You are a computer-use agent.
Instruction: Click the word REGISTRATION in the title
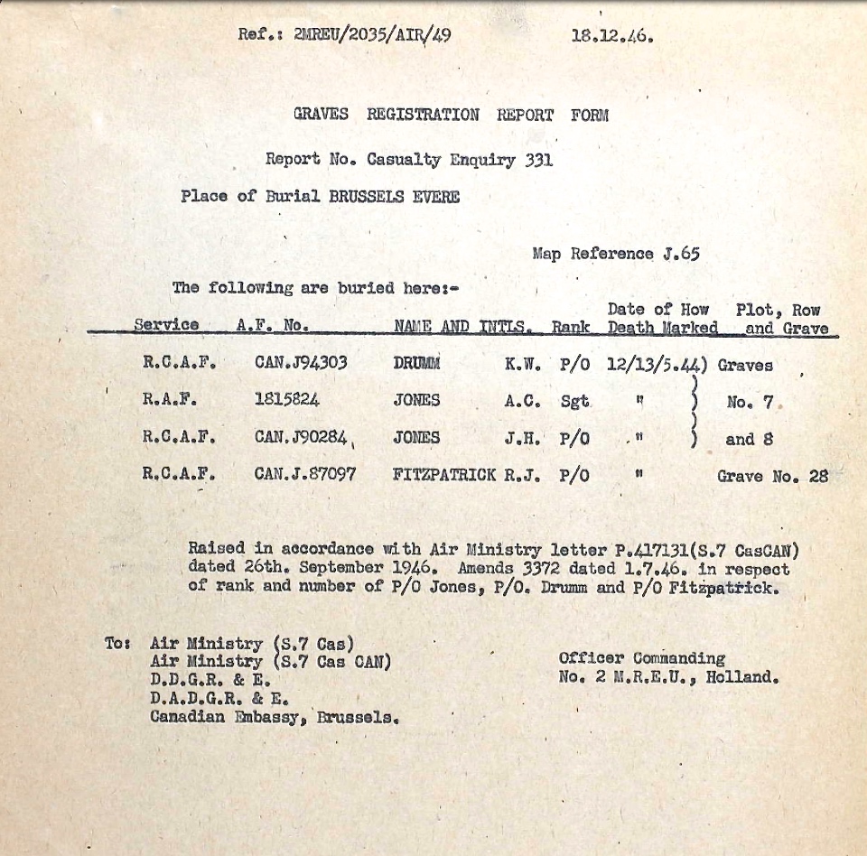pos(423,115)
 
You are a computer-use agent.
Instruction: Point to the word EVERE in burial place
pos(436,196)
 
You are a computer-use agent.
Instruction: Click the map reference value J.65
pos(680,254)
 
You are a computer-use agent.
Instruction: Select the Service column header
pos(166,325)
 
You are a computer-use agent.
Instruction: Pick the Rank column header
pos(572,327)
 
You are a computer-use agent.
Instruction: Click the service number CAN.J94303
pos(300,364)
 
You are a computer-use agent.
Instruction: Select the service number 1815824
pos(287,401)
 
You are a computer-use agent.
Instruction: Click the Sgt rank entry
pos(574,401)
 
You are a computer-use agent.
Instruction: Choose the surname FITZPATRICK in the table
pos(444,476)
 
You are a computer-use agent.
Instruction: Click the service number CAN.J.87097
pos(305,476)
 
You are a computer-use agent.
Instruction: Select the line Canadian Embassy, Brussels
pos(274,718)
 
